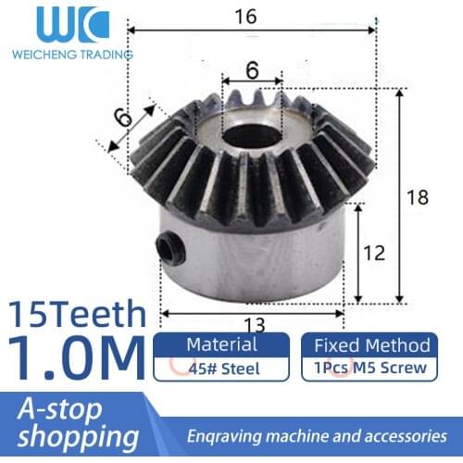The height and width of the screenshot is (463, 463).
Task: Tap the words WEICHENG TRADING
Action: (x=72, y=55)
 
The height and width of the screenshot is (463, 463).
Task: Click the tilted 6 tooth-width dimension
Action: (x=124, y=118)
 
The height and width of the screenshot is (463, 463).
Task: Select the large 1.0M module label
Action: (x=76, y=357)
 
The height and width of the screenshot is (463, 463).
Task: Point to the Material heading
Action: (x=221, y=344)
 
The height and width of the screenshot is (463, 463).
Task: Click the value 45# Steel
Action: (x=221, y=368)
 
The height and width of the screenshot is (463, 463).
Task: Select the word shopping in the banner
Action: (x=73, y=436)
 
